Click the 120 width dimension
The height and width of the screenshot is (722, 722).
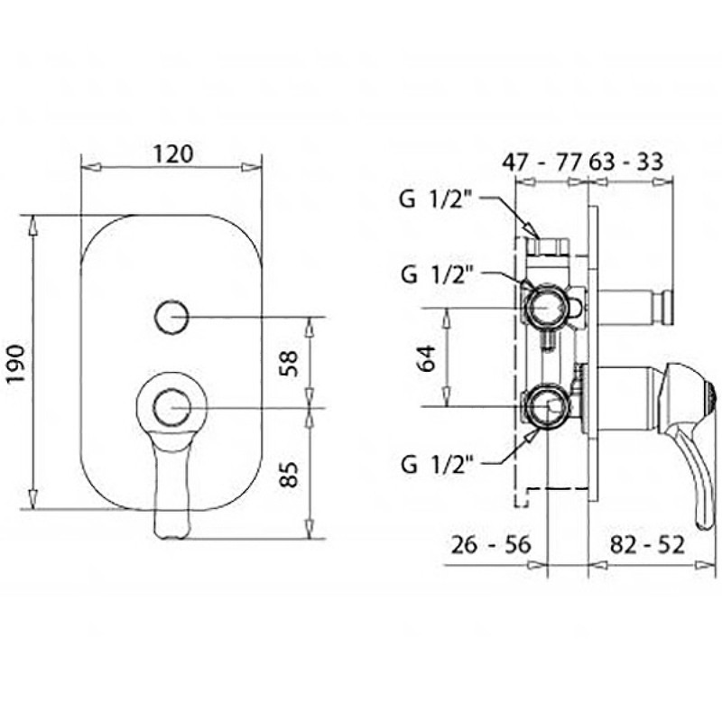[173, 153]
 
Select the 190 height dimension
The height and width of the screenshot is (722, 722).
[17, 364]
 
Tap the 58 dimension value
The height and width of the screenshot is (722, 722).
[290, 364]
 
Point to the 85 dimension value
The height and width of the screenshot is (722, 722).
[290, 474]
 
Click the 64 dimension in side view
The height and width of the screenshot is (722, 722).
[426, 357]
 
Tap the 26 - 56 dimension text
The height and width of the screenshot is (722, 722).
[491, 545]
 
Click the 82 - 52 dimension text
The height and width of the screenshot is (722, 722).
[647, 545]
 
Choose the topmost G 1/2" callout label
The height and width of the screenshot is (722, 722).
[437, 200]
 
